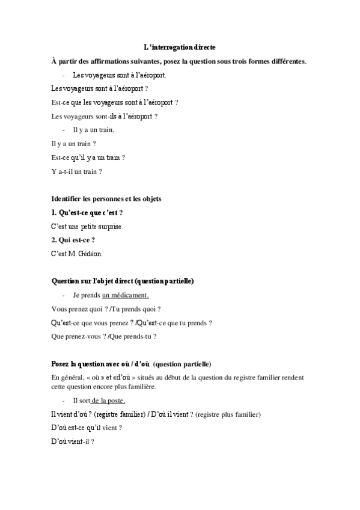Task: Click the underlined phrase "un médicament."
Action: pos(125,295)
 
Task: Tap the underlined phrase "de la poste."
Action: pos(108,400)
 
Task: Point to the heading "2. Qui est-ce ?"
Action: pos(73,240)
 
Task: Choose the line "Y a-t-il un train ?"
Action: pos(77,171)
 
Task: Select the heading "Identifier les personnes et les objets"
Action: pos(107,198)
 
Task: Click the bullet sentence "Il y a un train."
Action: pos(93,130)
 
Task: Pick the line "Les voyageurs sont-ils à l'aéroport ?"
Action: pos(105,116)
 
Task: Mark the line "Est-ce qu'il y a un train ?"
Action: pos(88,158)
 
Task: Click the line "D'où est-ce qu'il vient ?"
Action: pos(87,428)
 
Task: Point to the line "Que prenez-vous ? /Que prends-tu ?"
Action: pos(104,336)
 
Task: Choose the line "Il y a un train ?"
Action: pos(74,144)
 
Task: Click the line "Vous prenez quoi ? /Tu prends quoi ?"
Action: pos(106,309)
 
